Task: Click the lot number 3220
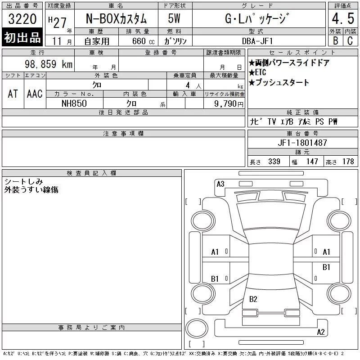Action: point(22,18)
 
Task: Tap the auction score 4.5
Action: point(343,18)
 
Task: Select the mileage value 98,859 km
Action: point(49,64)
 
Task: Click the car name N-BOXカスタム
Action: point(116,18)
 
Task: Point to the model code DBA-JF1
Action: point(257,41)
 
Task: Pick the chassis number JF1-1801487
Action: point(302,143)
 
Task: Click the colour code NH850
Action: point(74,103)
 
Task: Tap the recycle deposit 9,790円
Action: point(229,104)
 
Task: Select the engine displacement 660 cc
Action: point(143,41)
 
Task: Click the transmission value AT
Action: point(13,94)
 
